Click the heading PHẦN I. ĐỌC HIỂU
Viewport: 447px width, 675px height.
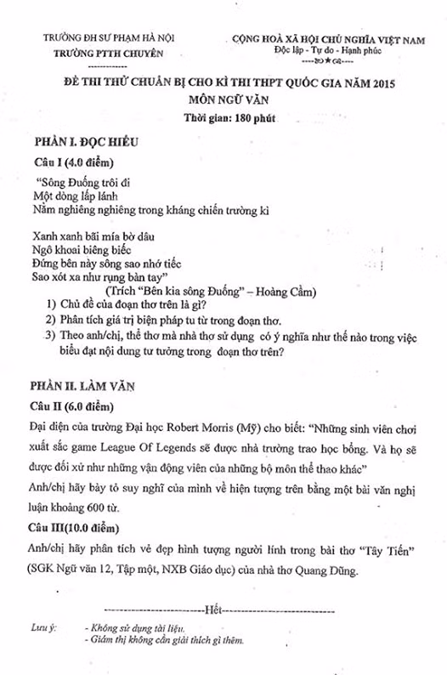click(86, 141)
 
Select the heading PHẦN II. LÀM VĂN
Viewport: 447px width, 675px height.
click(84, 386)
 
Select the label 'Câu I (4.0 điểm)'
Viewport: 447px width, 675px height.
click(75, 162)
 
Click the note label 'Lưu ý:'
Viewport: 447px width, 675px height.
click(42, 627)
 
